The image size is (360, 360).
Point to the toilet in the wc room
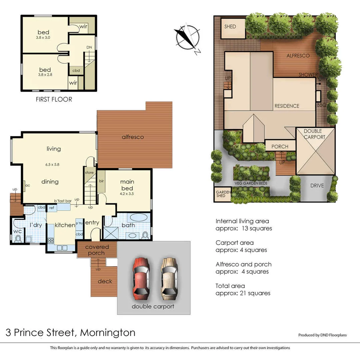(18, 238)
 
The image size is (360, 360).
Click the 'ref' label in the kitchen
(52, 208)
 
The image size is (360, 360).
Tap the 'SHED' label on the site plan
(230, 26)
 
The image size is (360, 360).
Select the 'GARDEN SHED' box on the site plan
(222, 194)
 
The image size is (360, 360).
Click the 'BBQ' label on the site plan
(322, 105)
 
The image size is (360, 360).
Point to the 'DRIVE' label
(317, 186)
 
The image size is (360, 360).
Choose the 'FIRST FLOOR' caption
(54, 99)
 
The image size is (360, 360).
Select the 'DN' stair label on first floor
(89, 47)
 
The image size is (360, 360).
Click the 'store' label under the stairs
(89, 173)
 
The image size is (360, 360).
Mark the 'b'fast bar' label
(63, 201)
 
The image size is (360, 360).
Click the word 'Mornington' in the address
(108, 332)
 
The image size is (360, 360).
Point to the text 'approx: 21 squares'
(243, 293)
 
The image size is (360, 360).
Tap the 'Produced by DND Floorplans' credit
(322, 335)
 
